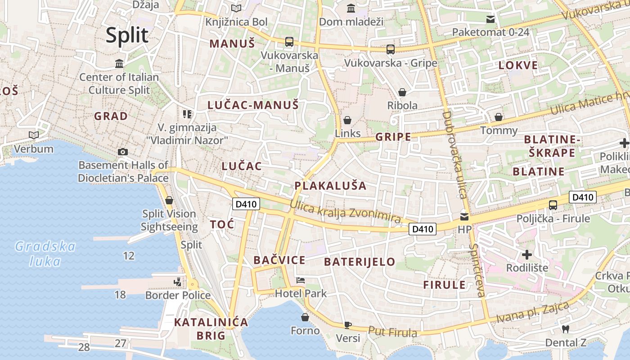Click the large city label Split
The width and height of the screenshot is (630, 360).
pos(127,35)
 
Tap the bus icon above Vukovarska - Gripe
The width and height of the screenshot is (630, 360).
pos(390,49)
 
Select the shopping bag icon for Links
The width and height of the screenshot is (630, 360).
pos(347,120)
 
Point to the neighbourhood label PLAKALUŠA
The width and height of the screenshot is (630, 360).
pos(330,185)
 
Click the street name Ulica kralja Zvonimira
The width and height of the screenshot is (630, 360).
pos(346,211)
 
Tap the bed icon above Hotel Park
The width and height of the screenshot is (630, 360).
pos(301,280)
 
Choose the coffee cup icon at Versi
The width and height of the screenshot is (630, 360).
pos(348,325)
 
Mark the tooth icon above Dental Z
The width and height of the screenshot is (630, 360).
pos(566,329)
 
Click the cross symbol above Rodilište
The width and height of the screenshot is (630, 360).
pos(527,255)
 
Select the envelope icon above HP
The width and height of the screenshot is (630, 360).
pos(464,216)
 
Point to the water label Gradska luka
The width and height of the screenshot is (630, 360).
pos(45,253)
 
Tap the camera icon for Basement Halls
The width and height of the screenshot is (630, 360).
pos(122,152)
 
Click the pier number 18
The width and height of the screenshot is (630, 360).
pos(120,295)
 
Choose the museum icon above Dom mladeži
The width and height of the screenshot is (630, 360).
pos(351,8)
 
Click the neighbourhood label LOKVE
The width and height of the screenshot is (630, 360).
pos(518,65)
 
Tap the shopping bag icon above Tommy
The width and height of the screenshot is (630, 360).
pos(499,117)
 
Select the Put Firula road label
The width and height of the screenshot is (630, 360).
pos(392,332)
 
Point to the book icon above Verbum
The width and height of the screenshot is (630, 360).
pos(33,135)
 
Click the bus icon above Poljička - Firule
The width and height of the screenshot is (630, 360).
pos(553,205)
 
